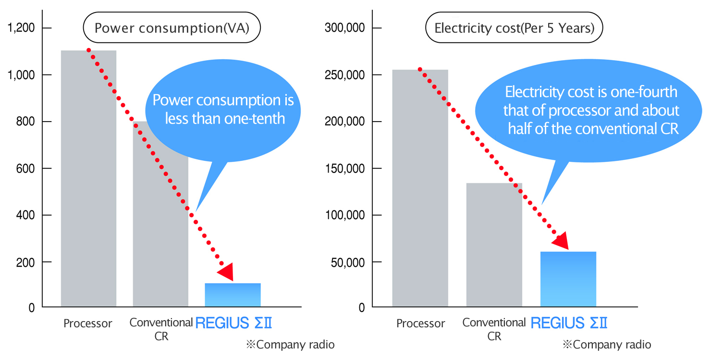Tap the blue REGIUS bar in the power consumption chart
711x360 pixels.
click(233, 295)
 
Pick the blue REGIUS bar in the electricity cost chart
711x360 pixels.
click(568, 279)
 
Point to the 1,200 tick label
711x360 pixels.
click(21, 28)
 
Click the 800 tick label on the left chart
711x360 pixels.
click(25, 122)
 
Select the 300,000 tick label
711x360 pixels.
click(345, 28)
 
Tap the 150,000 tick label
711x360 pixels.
click(345, 169)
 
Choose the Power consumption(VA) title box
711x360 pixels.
click(172, 28)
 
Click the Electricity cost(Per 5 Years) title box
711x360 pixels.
click(514, 28)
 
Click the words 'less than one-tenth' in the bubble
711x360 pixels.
click(225, 118)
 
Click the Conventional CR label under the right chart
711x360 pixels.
click(494, 329)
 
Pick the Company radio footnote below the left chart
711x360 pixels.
click(290, 345)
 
